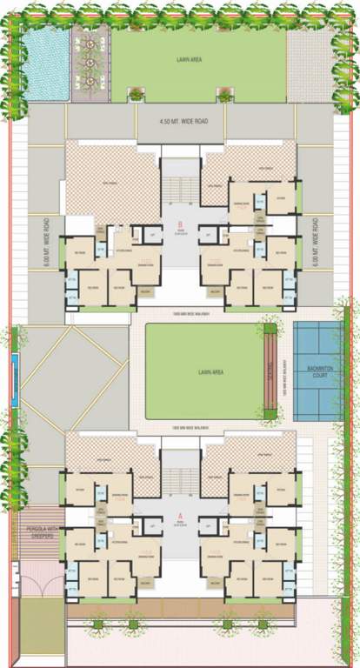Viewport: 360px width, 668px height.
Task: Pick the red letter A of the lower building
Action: point(179,515)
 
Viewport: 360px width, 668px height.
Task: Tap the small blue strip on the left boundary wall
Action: point(15,379)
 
